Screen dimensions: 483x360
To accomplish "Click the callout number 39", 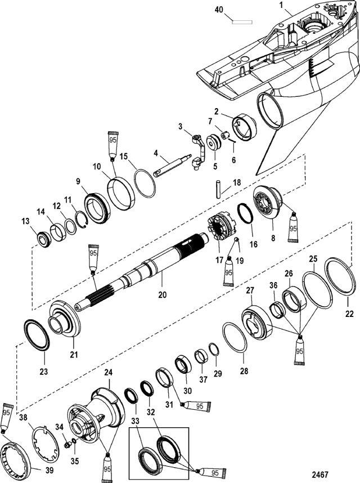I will [35, 469].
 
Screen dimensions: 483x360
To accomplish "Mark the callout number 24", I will [108, 372].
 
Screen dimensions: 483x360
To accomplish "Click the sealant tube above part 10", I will [112, 145].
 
